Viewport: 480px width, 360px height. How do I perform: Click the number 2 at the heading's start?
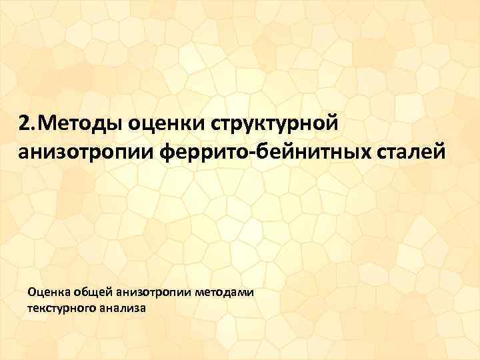coord(24,123)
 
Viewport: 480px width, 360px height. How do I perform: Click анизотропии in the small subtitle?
coord(154,293)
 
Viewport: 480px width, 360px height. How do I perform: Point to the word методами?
coord(225,293)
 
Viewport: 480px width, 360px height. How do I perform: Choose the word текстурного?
coord(63,309)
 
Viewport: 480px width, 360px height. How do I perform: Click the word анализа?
coord(124,309)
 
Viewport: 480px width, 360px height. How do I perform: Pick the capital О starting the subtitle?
coord(32,293)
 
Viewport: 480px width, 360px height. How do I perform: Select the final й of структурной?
coord(334,123)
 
